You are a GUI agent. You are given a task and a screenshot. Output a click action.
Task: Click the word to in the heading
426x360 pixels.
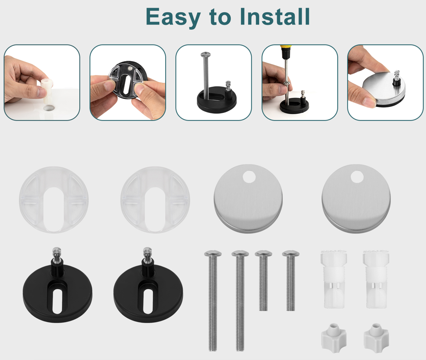coord(220,17)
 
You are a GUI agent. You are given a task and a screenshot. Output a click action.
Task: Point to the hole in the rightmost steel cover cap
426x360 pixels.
coord(357,176)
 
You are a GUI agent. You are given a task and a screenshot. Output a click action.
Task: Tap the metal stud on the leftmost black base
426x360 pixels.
coord(57,255)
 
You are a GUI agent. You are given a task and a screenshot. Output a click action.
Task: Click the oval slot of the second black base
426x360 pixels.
coord(148,302)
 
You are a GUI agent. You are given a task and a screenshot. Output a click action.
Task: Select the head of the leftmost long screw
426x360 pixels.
coord(213,254)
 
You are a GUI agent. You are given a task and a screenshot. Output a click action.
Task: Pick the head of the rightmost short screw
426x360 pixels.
coord(291,253)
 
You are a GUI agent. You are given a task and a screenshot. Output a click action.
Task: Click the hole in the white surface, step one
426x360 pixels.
coord(50,108)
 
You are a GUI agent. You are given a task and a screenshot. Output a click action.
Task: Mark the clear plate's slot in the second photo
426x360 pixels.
coord(126,84)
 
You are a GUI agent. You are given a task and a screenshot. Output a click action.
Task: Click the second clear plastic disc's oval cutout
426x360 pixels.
coord(155,209)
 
